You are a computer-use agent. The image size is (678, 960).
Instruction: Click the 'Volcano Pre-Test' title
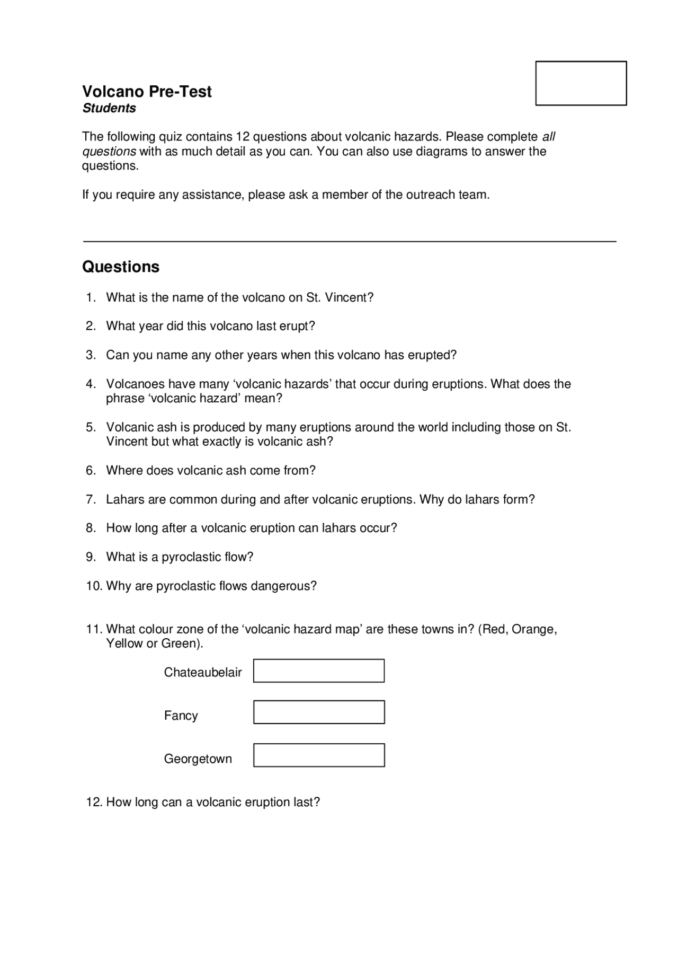pyautogui.click(x=147, y=92)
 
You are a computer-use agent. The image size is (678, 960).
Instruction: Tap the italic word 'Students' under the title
pyautogui.click(x=109, y=108)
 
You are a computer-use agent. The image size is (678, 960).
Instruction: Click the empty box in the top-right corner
pyautogui.click(x=581, y=83)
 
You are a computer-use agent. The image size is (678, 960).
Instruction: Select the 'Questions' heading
pyautogui.click(x=121, y=267)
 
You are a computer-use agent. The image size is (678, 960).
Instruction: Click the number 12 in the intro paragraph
pyautogui.click(x=242, y=137)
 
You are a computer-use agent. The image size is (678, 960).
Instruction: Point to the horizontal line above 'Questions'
pyautogui.click(x=350, y=241)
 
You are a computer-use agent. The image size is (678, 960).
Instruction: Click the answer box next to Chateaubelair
pyautogui.click(x=318, y=671)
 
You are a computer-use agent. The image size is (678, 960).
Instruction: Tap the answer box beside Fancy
pyautogui.click(x=318, y=712)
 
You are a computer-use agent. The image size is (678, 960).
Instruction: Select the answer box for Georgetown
pyautogui.click(x=318, y=755)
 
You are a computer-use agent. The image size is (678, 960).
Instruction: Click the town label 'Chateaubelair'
pyautogui.click(x=203, y=672)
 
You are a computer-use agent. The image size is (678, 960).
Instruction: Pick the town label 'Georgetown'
pyautogui.click(x=198, y=759)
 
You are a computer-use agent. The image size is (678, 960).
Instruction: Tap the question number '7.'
pyautogui.click(x=91, y=499)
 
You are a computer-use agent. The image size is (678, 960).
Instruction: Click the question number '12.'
pyautogui.click(x=94, y=802)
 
